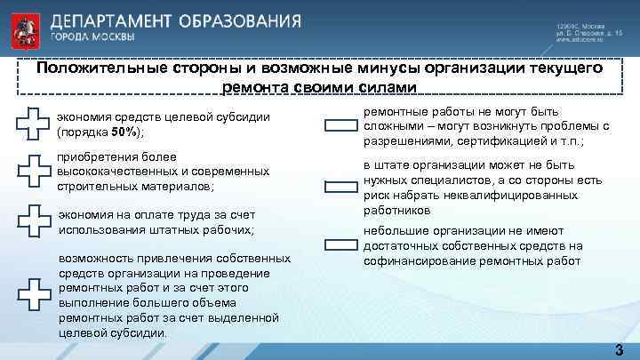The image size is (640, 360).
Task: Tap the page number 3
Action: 618,349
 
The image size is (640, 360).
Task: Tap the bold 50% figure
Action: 123,132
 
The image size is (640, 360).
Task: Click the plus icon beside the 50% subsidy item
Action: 34,124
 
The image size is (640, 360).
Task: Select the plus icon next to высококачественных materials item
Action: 34,170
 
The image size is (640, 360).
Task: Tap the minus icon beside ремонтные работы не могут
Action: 340,126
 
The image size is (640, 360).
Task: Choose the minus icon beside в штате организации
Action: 340,187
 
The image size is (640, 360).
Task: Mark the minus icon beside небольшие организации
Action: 340,244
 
